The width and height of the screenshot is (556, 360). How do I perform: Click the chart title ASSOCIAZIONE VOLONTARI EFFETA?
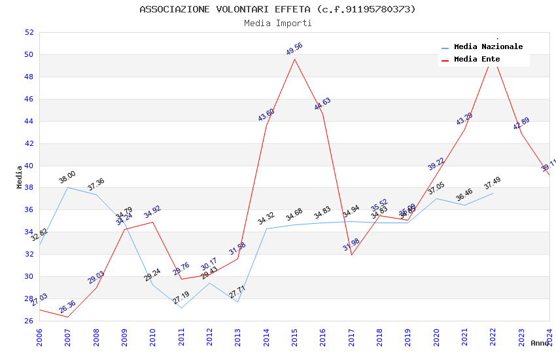point(277,9)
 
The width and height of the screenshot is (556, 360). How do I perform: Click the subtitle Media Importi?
point(277,23)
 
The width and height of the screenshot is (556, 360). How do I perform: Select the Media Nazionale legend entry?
point(488,47)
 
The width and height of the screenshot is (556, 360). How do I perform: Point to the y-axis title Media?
point(19,177)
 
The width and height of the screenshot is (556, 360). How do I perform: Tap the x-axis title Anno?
point(540,343)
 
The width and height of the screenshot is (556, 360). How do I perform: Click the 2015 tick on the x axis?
point(294,334)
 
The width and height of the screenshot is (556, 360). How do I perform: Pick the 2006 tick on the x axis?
point(39,334)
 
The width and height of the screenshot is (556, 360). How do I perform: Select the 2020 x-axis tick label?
point(436,334)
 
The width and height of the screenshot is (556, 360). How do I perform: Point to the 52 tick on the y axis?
point(29,32)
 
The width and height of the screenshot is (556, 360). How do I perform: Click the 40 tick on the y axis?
point(29,166)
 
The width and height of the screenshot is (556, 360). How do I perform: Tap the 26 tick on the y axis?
point(29,321)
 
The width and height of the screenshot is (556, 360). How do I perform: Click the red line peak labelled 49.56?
point(295,59)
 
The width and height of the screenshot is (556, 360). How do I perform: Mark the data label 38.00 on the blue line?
point(67,177)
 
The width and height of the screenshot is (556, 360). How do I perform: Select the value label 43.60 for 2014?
point(266,115)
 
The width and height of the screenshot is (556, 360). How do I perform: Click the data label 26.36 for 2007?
point(67,307)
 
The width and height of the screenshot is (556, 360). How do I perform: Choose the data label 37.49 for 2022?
point(493,185)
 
